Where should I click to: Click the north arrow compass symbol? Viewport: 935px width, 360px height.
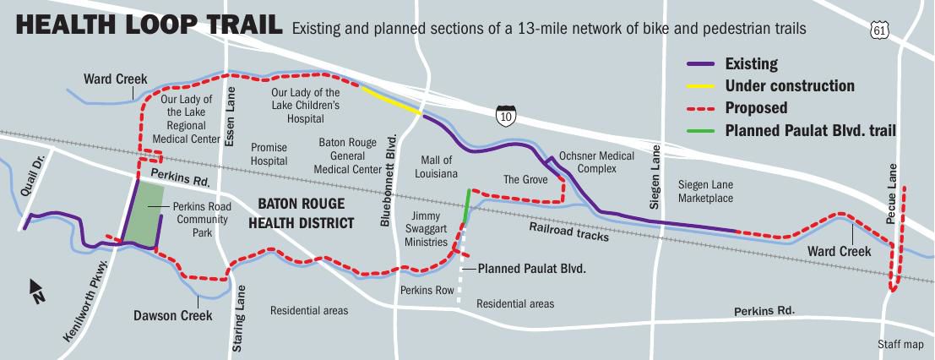point(36,291)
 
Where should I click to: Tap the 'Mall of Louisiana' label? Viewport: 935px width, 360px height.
point(438,166)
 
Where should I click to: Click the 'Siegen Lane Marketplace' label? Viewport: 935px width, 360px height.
point(705,191)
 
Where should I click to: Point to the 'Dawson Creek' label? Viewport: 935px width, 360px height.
point(172,316)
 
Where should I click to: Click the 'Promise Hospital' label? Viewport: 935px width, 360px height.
point(269,154)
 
